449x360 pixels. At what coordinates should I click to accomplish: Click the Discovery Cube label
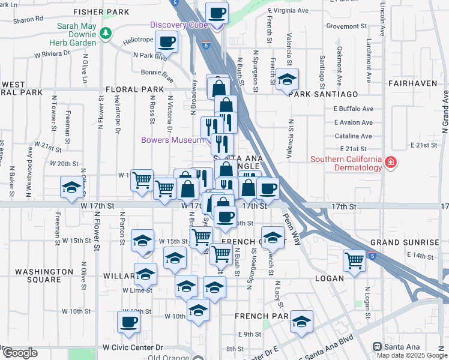click(x=178, y=25)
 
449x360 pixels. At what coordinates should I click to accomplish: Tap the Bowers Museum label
click(x=172, y=140)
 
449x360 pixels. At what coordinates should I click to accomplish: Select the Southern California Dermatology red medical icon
click(x=391, y=163)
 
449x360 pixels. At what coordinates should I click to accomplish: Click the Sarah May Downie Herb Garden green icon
click(x=106, y=32)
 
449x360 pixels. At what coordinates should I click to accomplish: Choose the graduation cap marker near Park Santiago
click(x=288, y=79)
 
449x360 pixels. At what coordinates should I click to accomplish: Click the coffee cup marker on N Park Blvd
click(x=166, y=42)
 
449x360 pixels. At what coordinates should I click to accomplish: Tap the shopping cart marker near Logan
click(x=355, y=260)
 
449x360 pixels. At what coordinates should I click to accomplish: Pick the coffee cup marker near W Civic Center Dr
click(x=128, y=322)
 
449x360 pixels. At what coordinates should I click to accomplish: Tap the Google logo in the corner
click(x=20, y=353)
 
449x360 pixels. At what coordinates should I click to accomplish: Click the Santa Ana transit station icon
click(x=377, y=347)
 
